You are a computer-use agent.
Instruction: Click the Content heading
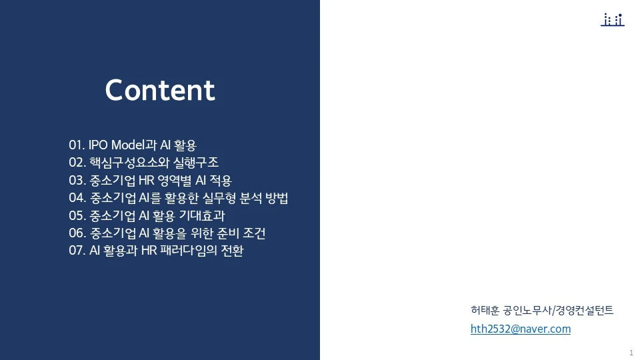pyautogui.click(x=160, y=91)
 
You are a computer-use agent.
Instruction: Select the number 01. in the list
pyautogui.click(x=77, y=145)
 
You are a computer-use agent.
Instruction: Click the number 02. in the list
pyautogui.click(x=77, y=163)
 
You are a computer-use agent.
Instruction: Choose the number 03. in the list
pyautogui.click(x=77, y=181)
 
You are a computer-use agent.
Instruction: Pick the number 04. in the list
pyautogui.click(x=77, y=199)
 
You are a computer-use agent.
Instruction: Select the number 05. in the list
pyautogui.click(x=77, y=216)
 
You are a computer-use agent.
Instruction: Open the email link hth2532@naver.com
pyautogui.click(x=520, y=329)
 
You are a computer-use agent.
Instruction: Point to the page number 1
pyautogui.click(x=631, y=352)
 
